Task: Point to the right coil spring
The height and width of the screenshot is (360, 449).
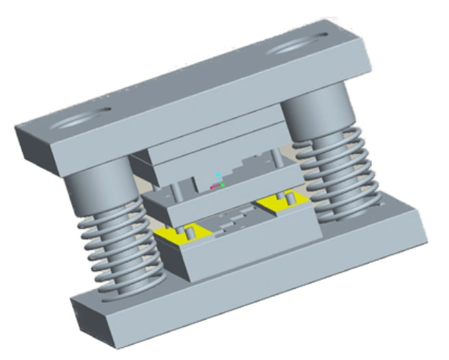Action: pos(345,179)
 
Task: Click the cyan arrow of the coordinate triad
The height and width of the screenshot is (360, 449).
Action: pos(217,174)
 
